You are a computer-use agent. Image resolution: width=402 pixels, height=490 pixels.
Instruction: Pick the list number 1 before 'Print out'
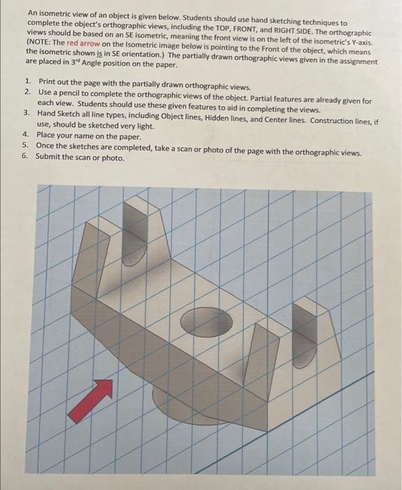(x=26, y=83)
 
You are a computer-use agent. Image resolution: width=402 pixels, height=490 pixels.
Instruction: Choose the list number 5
(x=25, y=146)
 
